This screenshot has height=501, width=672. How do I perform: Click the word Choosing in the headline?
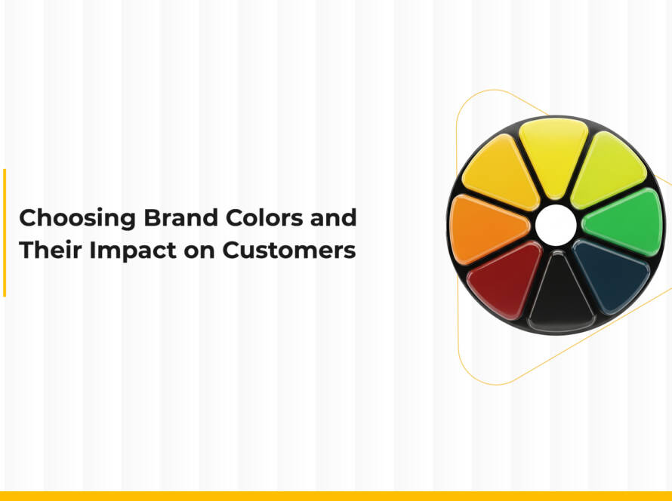pyautogui.click(x=67, y=219)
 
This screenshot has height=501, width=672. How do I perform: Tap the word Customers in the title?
pyautogui.click(x=288, y=251)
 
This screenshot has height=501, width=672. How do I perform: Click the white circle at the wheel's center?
pyautogui.click(x=556, y=224)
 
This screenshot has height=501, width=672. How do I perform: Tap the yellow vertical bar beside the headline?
pyautogui.click(x=5, y=232)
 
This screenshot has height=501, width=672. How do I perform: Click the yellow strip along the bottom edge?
pyautogui.click(x=336, y=496)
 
